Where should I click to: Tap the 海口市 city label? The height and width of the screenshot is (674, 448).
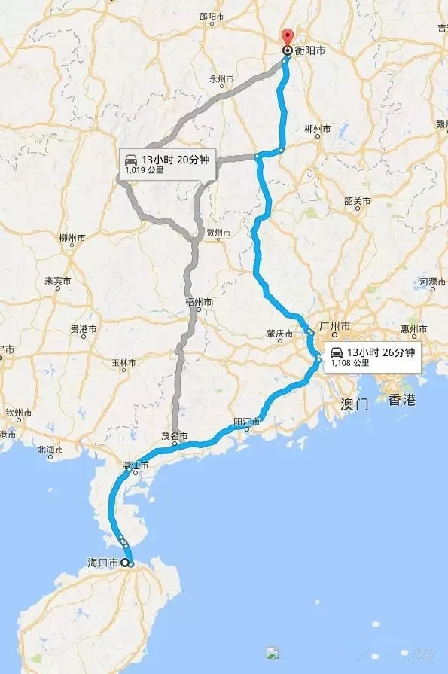[x=104, y=563]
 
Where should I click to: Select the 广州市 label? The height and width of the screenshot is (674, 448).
[x=335, y=327]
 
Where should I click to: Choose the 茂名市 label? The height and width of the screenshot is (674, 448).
[x=175, y=436]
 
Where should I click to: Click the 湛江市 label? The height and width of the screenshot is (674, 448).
[x=136, y=466]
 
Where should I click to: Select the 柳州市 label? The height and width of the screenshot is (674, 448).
[x=72, y=239]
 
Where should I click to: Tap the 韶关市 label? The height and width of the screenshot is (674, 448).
[x=358, y=201]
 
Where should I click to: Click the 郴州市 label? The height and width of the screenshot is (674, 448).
[x=317, y=130]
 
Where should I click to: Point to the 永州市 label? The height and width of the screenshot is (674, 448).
[x=222, y=79]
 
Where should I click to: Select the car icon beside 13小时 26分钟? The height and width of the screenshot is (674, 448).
[x=336, y=352]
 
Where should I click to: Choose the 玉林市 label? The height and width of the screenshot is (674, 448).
[x=123, y=363]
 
